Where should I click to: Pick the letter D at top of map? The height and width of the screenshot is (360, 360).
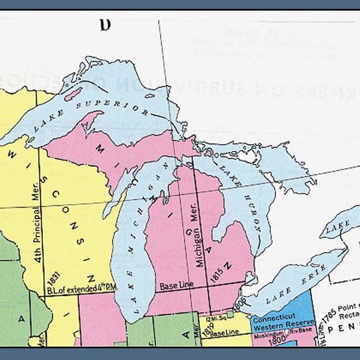(x=104, y=25)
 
